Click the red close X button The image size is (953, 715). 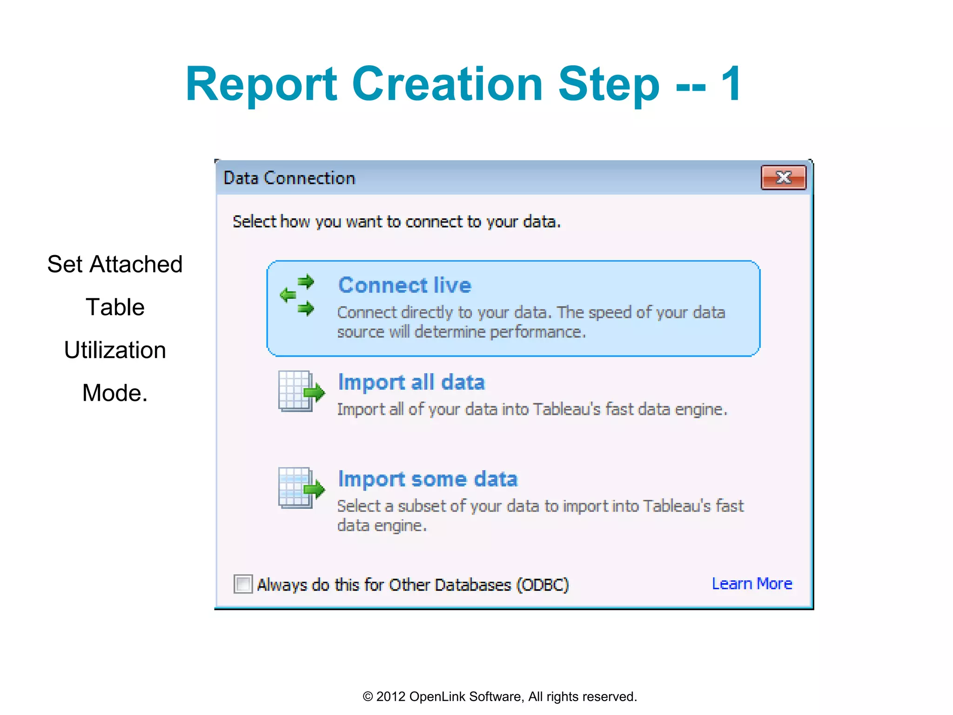tap(783, 177)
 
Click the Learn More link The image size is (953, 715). tap(752, 583)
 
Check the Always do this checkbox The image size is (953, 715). tap(243, 584)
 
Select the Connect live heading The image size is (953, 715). tap(404, 285)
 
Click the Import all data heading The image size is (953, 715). tap(411, 382)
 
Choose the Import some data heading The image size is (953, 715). tap(428, 479)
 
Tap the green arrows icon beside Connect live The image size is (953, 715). tap(298, 295)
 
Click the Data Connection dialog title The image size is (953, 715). tap(289, 178)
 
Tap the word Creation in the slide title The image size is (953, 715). tap(447, 84)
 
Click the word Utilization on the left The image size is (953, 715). tap(115, 350)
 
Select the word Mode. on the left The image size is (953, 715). tap(115, 393)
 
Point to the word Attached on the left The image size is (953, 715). tap(136, 264)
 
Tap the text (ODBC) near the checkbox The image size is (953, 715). tap(543, 585)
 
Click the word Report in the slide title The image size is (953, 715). tap(261, 84)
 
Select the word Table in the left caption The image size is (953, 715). tap(115, 307)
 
